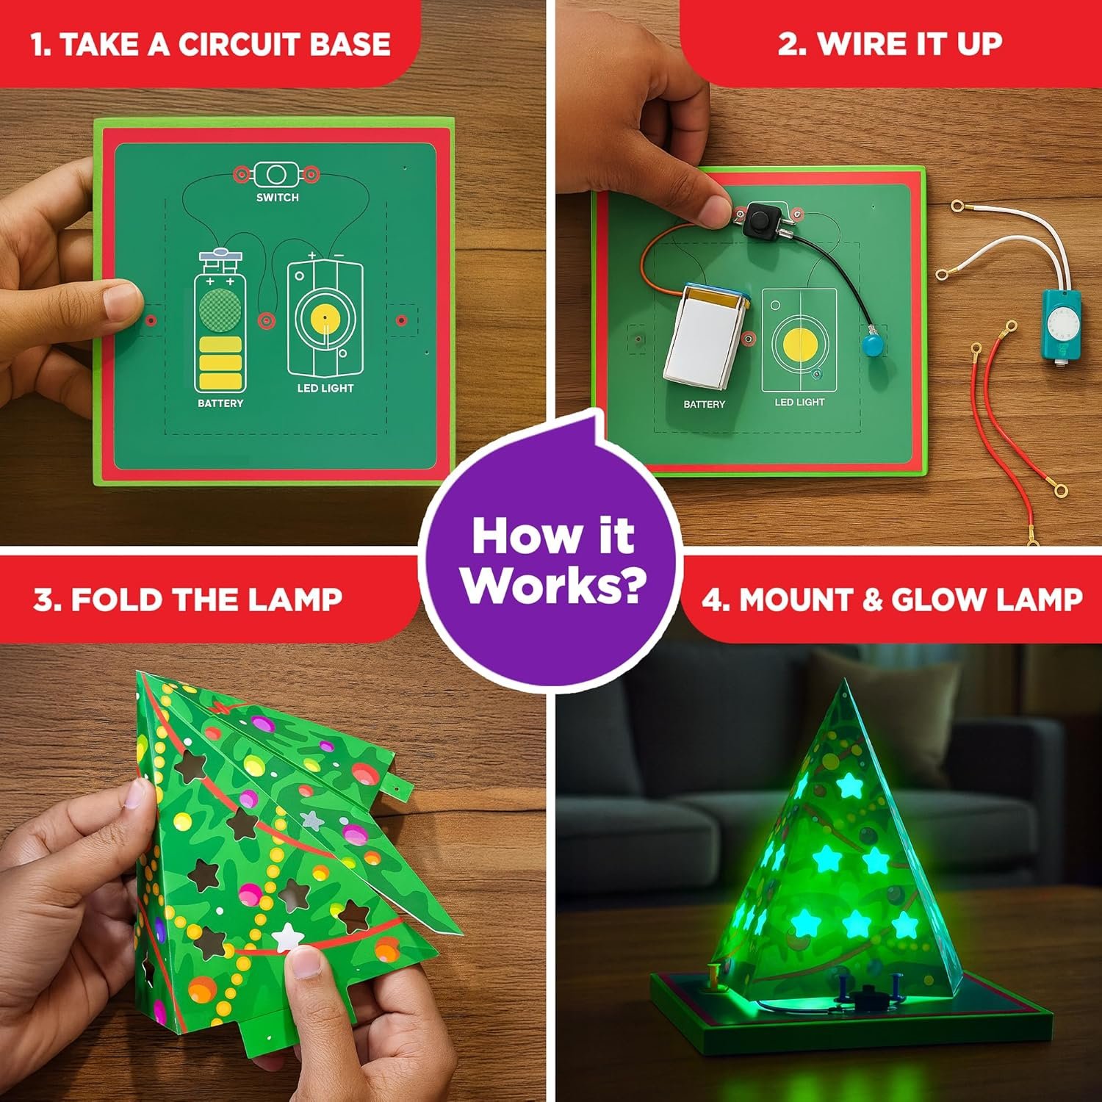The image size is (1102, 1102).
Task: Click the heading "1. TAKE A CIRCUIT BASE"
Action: pos(210,44)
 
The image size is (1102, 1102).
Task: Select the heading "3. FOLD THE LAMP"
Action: pos(188,599)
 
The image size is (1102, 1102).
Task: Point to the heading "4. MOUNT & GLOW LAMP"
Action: pos(892,599)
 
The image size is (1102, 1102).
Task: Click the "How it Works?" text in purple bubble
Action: pos(552,561)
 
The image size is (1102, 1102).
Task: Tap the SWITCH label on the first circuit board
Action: pos(277,198)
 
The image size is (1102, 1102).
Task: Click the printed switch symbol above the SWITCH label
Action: pos(276,175)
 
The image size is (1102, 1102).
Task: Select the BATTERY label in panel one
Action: pos(220,403)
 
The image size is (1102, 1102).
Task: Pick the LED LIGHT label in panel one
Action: pos(325,388)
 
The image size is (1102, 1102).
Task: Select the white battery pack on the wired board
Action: pos(703,336)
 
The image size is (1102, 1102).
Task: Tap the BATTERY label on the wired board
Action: pos(704,404)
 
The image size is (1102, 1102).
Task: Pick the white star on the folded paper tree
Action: pos(287,937)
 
